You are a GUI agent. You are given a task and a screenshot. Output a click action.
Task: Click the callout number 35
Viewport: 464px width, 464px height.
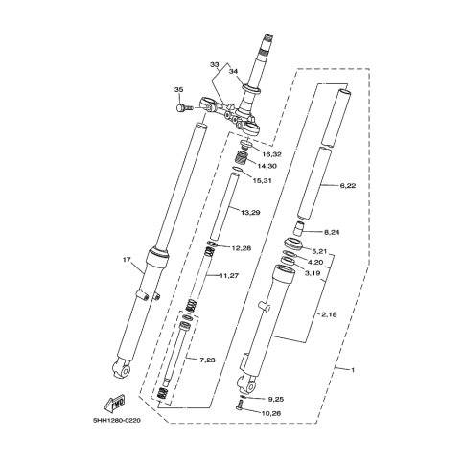coord(179,90)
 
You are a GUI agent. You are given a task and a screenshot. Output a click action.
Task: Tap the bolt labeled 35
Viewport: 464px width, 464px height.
coord(184,108)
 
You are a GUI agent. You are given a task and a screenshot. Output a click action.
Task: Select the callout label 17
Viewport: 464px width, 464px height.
coord(127,260)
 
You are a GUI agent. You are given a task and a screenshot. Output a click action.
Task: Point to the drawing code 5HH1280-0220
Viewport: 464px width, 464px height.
coord(117,421)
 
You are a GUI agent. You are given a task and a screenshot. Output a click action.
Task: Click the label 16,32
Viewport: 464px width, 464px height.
coord(271,154)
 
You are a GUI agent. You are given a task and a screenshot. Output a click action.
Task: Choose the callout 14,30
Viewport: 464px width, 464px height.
coord(267,166)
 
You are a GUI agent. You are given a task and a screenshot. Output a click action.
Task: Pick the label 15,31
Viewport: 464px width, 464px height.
coord(262,181)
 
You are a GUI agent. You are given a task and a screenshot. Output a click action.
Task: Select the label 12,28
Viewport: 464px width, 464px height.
coord(241,248)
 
